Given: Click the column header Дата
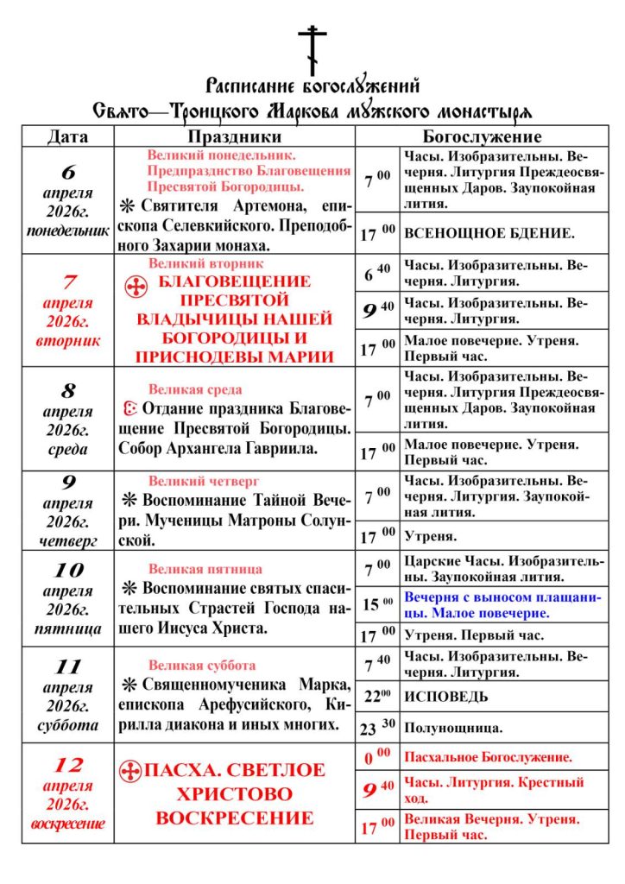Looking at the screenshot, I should click(x=67, y=137).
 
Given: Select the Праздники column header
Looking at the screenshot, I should click(x=234, y=137).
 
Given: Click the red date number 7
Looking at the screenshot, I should click(x=69, y=281).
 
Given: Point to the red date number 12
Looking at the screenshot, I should click(x=67, y=765).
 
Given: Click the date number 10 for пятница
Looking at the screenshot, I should click(x=68, y=570).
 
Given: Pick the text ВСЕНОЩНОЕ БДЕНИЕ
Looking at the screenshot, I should click(x=489, y=234).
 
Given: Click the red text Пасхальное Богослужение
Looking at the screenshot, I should click(x=488, y=757).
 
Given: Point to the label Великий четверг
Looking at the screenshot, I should click(x=204, y=481).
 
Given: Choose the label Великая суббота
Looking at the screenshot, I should click(x=202, y=666).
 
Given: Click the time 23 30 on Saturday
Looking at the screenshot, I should click(x=377, y=729).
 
